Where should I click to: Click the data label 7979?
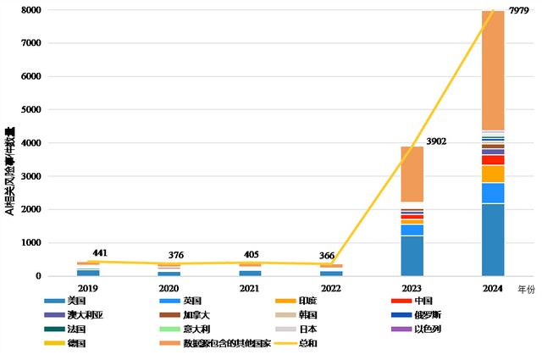coord(518,11)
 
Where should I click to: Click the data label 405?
coord(266,254)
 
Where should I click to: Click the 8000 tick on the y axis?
coord(33,10)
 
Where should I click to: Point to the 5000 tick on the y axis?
coord(33,110)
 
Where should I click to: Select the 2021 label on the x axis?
coord(250,289)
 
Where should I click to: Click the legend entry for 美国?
coord(76,301)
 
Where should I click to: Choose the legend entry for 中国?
coord(423,301)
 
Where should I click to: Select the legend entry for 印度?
coord(307,301)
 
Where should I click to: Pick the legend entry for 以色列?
coord(429,330)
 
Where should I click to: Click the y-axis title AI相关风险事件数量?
coord(9,169)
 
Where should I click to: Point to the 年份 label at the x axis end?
coord(526,289)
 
